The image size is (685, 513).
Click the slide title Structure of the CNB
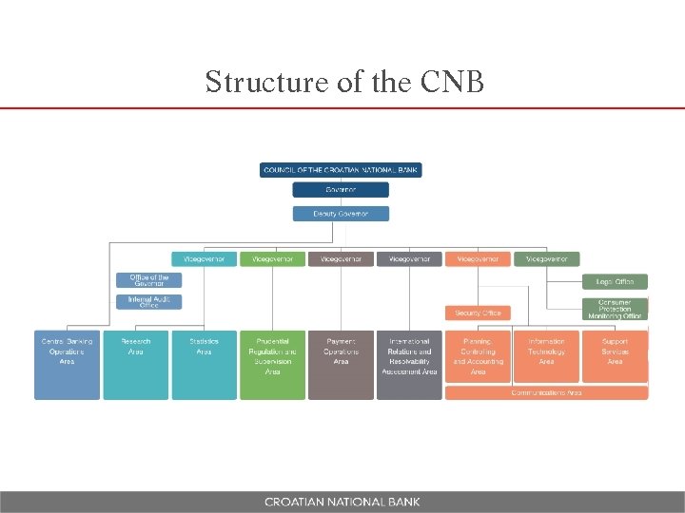(344, 82)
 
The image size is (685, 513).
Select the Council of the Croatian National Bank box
(341, 170)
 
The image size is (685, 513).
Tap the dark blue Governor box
(341, 190)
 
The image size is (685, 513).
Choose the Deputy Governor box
(341, 214)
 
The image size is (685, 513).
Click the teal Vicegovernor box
(204, 258)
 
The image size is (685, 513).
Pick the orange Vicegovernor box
(478, 258)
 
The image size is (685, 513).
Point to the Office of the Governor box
(148, 280)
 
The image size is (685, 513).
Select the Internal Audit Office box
(148, 302)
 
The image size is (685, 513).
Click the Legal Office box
(615, 281)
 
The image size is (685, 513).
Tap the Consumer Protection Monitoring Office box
(615, 309)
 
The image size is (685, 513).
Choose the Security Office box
(478, 313)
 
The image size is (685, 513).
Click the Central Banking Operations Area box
(67, 365)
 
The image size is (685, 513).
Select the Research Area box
(135, 365)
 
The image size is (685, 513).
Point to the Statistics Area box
(204, 365)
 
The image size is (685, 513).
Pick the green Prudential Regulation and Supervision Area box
(272, 365)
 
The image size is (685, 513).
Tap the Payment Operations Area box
(341, 365)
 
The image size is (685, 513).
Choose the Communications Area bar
(546, 392)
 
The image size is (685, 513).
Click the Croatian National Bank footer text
(342, 502)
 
